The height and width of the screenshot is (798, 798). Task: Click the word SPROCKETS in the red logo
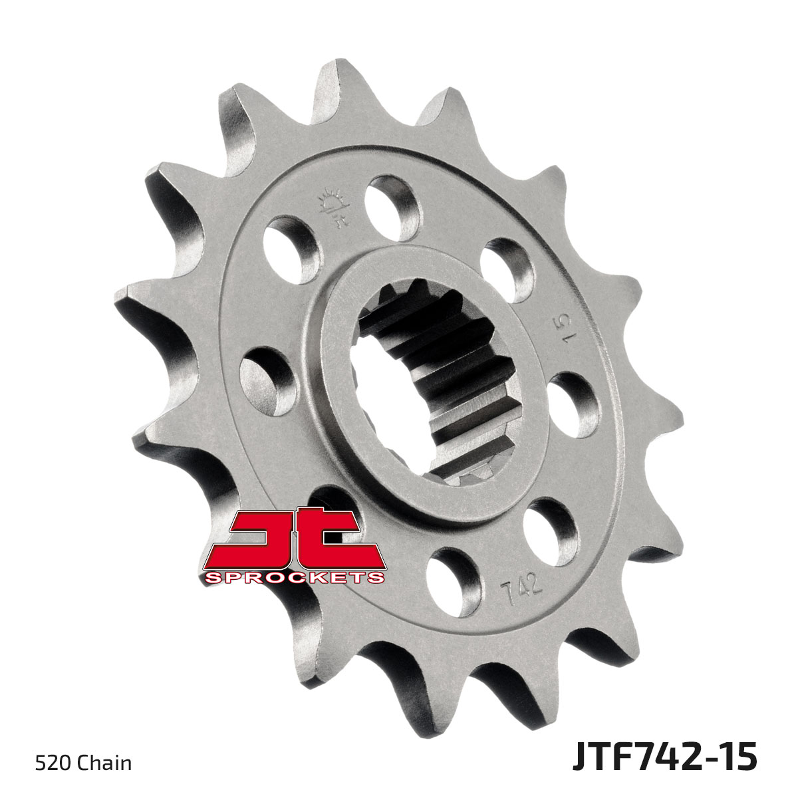(295, 577)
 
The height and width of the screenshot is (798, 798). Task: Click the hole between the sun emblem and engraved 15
(507, 268)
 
